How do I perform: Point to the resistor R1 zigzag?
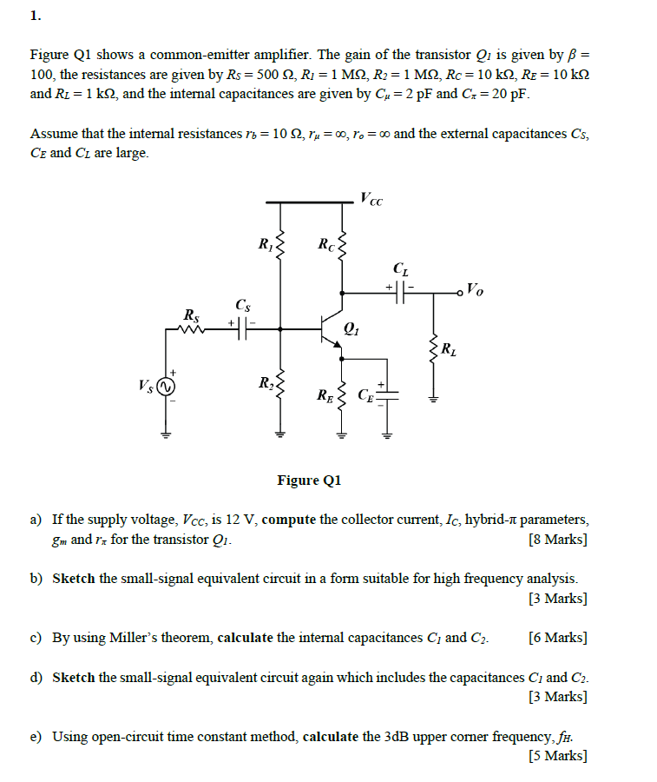pos(279,248)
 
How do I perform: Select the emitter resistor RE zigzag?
pos(340,397)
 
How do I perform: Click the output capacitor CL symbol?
pos(400,293)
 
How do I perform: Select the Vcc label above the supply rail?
pos(371,198)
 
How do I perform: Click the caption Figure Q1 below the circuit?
pos(310,480)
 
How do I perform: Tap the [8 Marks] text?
pos(557,540)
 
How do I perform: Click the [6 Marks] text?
pos(557,638)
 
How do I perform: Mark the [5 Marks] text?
pos(557,756)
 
